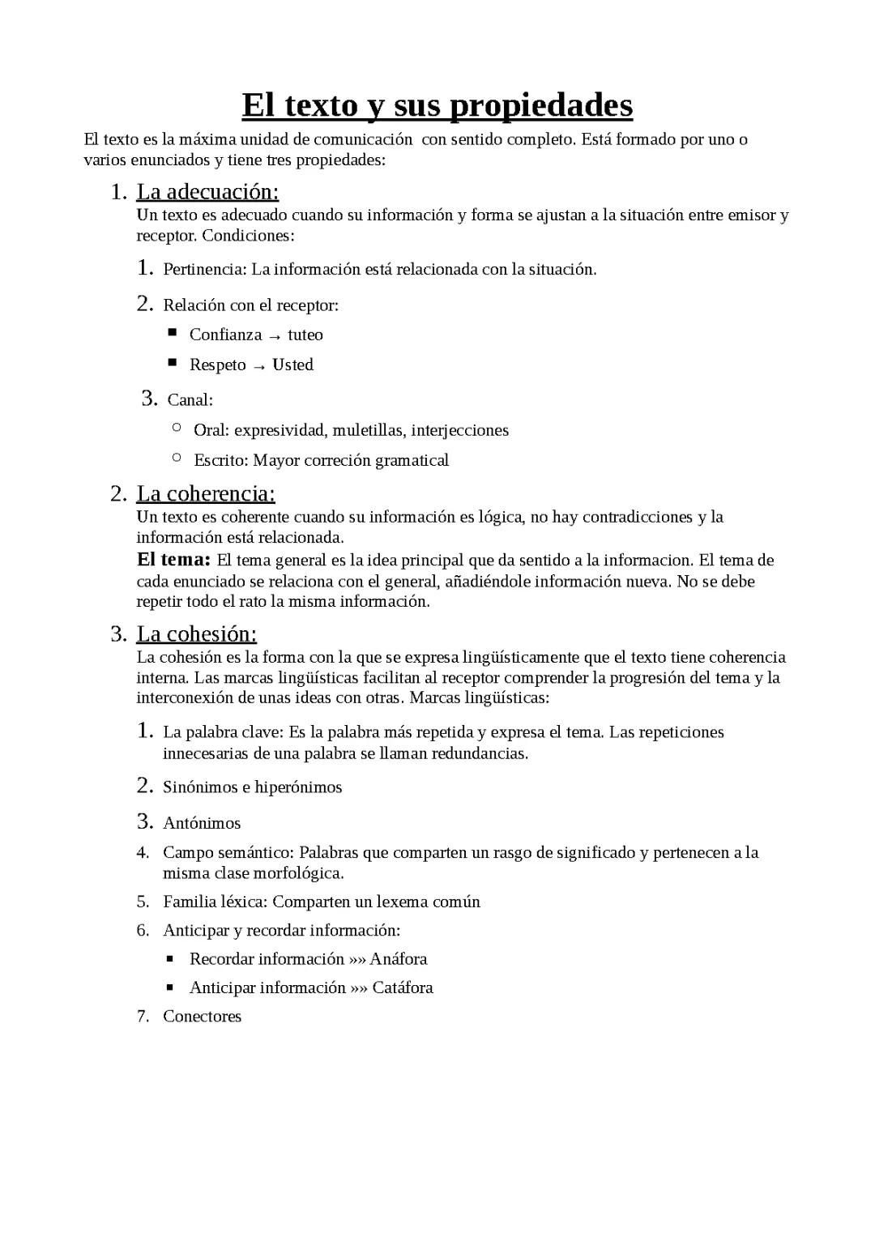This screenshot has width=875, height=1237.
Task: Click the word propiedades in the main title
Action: pyautogui.click(x=540, y=106)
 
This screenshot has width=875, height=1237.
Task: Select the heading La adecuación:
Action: pyautogui.click(x=207, y=192)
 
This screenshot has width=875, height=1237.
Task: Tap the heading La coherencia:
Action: pyautogui.click(x=206, y=493)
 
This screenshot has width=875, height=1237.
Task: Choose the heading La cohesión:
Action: pyautogui.click(x=196, y=633)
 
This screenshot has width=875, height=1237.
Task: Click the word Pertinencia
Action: pyautogui.click(x=204, y=270)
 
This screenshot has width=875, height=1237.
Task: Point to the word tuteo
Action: pyautogui.click(x=305, y=335)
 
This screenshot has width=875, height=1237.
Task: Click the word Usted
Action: pyautogui.click(x=292, y=365)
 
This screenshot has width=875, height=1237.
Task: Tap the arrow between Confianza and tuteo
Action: pyautogui.click(x=275, y=336)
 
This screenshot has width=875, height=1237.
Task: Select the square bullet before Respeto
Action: pyautogui.click(x=173, y=364)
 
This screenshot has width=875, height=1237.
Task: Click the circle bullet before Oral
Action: pyautogui.click(x=177, y=428)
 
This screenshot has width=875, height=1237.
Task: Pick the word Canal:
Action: pyautogui.click(x=190, y=400)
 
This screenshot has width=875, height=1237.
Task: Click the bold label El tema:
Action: pyautogui.click(x=173, y=560)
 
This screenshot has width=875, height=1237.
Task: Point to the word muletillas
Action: pyautogui.click(x=369, y=430)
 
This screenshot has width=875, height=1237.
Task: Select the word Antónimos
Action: pyautogui.click(x=202, y=824)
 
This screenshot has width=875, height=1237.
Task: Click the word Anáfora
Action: pyautogui.click(x=399, y=959)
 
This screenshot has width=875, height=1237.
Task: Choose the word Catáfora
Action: pyautogui.click(x=403, y=987)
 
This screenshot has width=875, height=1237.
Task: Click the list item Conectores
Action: pyautogui.click(x=202, y=1017)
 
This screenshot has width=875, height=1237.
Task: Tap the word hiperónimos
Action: pyautogui.click(x=298, y=787)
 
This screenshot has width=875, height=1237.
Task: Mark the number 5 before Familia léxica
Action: pyautogui.click(x=143, y=902)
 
